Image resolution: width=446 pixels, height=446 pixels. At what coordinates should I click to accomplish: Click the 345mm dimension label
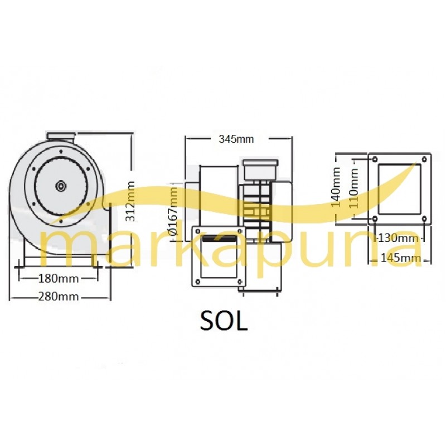click(236, 139)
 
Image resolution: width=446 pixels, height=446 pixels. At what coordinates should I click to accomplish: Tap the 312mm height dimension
click(130, 201)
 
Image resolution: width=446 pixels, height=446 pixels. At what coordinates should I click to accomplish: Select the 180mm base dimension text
click(59, 278)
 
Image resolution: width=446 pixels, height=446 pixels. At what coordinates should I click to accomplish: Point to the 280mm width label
click(59, 297)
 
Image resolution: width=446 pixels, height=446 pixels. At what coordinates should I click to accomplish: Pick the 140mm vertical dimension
click(336, 187)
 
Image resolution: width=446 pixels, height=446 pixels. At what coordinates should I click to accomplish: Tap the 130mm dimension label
click(398, 238)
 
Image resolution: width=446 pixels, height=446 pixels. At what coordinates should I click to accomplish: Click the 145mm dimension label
click(400, 258)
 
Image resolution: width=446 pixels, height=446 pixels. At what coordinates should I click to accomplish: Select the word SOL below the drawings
click(224, 321)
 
